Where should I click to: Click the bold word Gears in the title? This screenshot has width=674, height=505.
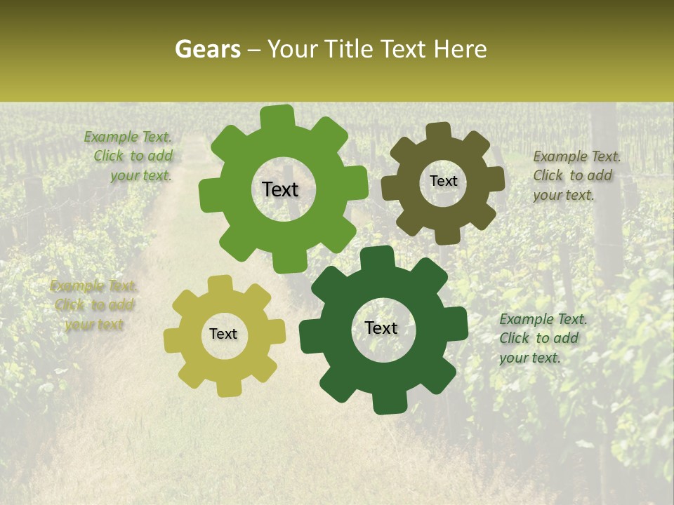(x=208, y=50)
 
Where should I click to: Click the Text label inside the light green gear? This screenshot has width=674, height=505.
(x=280, y=189)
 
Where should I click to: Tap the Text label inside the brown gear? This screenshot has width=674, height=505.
(x=443, y=181)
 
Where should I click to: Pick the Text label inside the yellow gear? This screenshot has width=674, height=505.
(x=223, y=334)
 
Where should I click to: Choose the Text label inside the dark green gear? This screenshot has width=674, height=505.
(x=381, y=328)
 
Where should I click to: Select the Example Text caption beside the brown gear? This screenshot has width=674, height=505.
(x=576, y=175)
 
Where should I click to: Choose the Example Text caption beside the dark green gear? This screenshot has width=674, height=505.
(x=542, y=338)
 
